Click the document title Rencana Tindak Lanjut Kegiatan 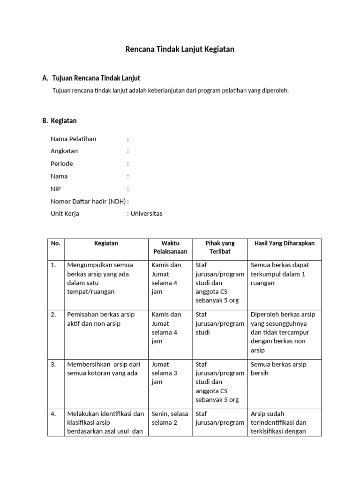coord(180,49)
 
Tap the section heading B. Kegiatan coord(60,120)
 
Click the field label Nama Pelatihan coord(73,139)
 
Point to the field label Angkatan coord(64,151)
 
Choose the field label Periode coord(62,164)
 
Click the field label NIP coord(56,188)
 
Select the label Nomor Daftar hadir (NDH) coord(88,201)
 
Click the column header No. coord(56,243)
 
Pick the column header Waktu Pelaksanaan coord(170,247)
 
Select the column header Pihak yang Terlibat coord(220,247)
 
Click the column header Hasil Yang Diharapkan coord(284,243)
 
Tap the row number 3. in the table coord(54,364)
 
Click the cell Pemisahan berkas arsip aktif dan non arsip coord(100,319)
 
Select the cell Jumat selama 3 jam coord(166,373)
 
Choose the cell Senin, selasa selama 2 coord(170,418)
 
